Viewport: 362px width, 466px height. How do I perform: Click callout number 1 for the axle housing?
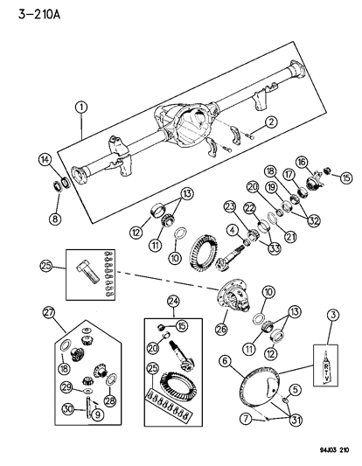coord(81,108)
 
